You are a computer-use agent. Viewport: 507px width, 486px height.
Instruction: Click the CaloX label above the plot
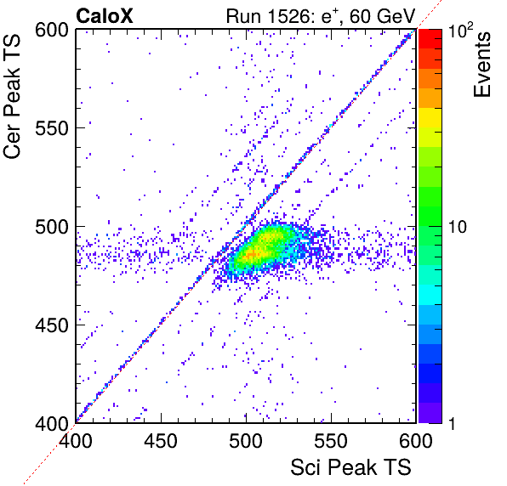(105, 16)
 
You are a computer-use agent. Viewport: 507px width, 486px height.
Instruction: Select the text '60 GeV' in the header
(382, 16)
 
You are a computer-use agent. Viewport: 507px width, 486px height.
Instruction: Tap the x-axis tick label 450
(161, 440)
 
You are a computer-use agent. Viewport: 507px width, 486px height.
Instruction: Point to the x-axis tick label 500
(246, 440)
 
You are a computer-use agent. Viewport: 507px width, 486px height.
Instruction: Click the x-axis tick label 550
(331, 440)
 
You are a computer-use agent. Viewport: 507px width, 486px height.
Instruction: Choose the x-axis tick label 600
(416, 440)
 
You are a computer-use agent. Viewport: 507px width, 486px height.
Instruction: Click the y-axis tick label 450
(52, 325)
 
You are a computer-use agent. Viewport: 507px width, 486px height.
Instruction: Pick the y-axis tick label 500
(52, 227)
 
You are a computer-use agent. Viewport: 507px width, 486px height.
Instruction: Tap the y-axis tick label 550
(52, 128)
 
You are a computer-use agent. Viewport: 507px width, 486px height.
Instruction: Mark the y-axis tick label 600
(52, 31)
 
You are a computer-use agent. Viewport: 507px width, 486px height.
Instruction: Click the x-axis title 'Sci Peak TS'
(350, 467)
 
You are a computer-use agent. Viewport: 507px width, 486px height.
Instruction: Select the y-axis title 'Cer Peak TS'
(12, 96)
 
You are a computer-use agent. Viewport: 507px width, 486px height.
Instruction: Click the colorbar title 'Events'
(481, 65)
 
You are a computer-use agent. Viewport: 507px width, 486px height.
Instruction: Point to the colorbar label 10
(458, 227)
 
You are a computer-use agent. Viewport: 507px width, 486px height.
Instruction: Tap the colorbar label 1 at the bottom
(452, 423)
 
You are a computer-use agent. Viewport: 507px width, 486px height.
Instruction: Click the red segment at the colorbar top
(430, 39)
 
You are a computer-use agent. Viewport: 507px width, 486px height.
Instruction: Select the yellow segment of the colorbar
(430, 117)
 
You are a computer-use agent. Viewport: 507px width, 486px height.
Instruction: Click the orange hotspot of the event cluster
(252, 255)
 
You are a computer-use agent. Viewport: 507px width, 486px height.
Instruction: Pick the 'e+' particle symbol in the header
(330, 16)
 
